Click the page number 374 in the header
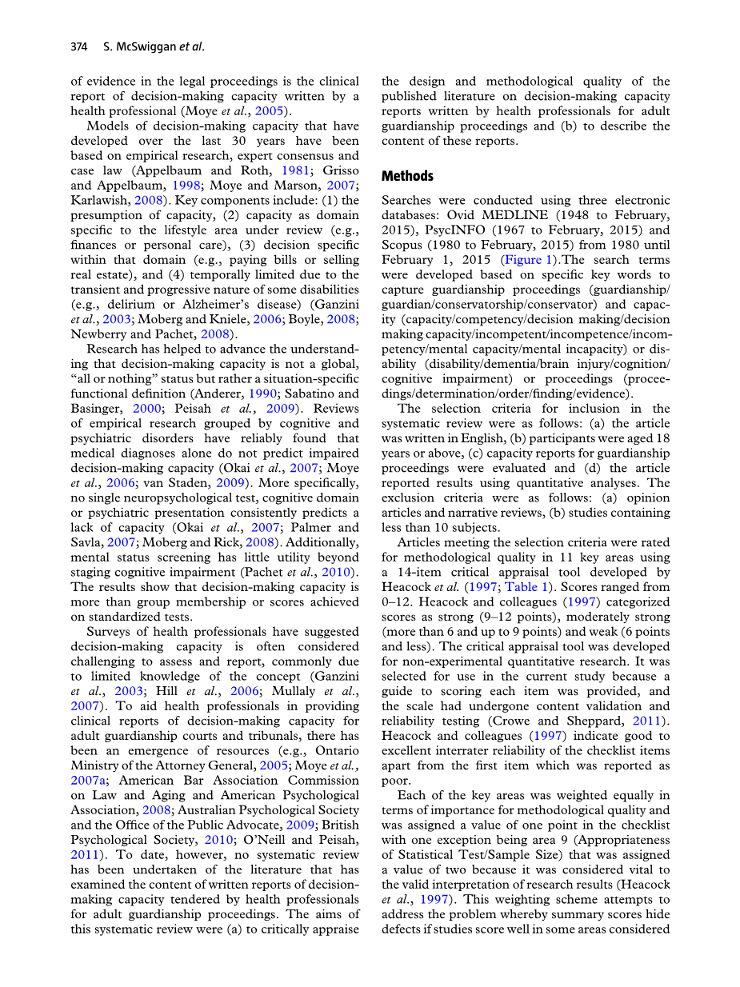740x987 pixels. tap(78, 46)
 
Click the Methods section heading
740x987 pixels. tap(407, 176)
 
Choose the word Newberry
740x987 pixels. tap(99, 334)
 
